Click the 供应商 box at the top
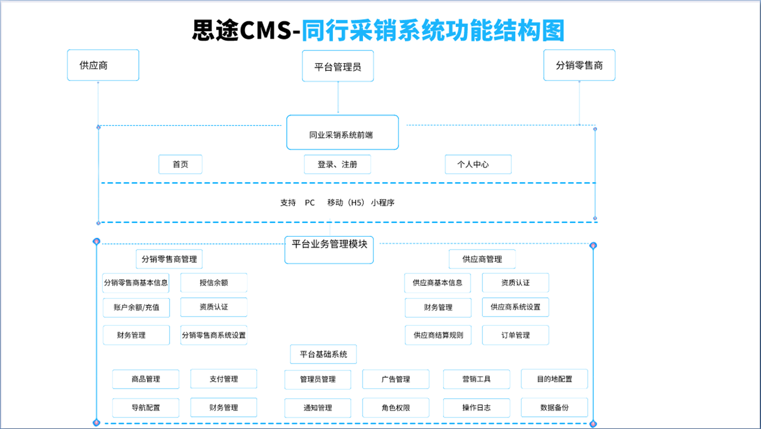tap(103, 65)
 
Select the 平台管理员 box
tap(338, 66)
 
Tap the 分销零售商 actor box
tap(579, 65)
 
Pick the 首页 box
tap(181, 164)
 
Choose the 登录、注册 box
tap(337, 164)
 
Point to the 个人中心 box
tap(478, 164)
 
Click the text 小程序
tap(383, 203)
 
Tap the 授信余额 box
tap(214, 283)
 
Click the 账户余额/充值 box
tap(137, 307)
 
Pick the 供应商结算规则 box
tap(438, 335)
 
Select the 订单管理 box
tap(515, 335)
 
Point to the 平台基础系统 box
tap(324, 354)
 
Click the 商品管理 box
tap(146, 379)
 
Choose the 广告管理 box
tap(396, 379)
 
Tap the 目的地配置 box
tap(554, 379)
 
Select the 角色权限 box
tap(396, 408)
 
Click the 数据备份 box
tap(554, 408)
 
